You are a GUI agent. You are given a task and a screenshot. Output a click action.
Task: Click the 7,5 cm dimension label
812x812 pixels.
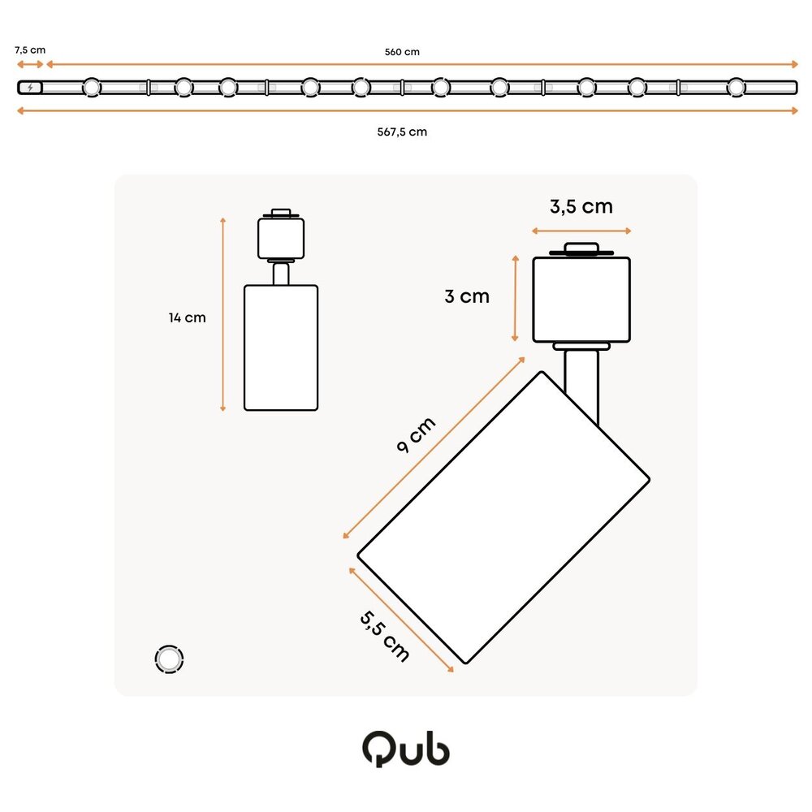[x=30, y=50]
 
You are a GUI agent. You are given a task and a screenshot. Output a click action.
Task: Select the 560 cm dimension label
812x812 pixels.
[x=402, y=52]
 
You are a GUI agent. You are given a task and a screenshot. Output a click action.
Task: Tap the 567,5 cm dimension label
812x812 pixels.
[x=402, y=132]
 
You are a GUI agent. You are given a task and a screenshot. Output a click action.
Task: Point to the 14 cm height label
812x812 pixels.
[x=188, y=317]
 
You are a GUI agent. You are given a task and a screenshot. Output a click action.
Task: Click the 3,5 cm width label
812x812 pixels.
[x=581, y=206]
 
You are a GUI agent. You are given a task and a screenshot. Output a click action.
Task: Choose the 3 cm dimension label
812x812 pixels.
[x=467, y=296]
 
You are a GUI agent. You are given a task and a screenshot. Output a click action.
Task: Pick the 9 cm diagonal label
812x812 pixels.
[x=417, y=436]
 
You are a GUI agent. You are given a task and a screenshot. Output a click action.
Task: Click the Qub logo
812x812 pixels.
[x=405, y=749]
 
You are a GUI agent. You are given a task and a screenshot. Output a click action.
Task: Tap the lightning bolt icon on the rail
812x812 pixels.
[x=31, y=87]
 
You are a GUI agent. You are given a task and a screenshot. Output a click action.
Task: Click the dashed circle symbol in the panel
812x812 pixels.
[x=169, y=659]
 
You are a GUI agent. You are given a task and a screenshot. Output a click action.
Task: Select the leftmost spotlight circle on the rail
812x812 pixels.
[x=92, y=87]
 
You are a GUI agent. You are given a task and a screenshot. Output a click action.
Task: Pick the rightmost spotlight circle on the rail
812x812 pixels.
[x=736, y=87]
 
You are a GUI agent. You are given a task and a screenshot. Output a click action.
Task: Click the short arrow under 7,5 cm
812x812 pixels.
[x=30, y=64]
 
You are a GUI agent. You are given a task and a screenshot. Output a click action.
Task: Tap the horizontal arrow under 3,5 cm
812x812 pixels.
[x=581, y=231]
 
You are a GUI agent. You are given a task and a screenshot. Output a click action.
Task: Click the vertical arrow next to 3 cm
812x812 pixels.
[x=515, y=297]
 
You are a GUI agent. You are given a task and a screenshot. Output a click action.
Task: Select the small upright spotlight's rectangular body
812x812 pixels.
[x=281, y=348]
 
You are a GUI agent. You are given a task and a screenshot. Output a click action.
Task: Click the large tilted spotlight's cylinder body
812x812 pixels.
[x=503, y=517]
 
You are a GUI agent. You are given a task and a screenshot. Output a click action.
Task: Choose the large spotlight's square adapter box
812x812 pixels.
[x=581, y=300]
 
